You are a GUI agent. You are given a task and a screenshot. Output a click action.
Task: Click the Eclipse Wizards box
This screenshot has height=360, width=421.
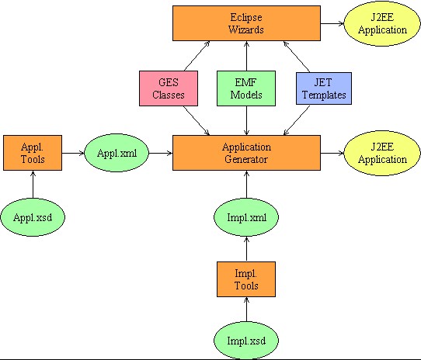pyautogui.click(x=246, y=23)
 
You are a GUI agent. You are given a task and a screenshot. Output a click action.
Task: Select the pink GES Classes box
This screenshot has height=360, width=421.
pyautogui.click(x=169, y=88)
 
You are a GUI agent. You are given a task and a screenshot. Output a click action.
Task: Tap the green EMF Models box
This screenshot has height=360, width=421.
pyautogui.click(x=246, y=88)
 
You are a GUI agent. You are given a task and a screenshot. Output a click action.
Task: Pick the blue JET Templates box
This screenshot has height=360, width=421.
pyautogui.click(x=324, y=88)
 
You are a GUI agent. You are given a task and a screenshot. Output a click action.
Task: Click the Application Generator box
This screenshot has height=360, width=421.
pyautogui.click(x=246, y=153)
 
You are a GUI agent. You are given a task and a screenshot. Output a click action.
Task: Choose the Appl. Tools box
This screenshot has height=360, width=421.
pyautogui.click(x=33, y=153)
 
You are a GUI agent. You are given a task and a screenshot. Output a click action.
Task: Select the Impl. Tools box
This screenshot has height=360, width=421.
pyautogui.click(x=246, y=279)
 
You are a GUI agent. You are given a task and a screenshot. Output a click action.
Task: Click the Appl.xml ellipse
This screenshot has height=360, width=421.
pyautogui.click(x=117, y=153)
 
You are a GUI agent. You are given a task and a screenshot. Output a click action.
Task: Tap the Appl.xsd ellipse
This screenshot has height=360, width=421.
pyautogui.click(x=33, y=217)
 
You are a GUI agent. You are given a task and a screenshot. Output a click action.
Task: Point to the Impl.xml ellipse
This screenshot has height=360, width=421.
pyautogui.click(x=246, y=217)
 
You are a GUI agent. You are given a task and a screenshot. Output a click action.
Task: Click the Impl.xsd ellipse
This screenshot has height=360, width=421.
pyautogui.click(x=246, y=341)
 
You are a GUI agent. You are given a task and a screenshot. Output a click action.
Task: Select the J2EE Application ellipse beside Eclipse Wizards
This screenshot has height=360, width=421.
pyautogui.click(x=382, y=23)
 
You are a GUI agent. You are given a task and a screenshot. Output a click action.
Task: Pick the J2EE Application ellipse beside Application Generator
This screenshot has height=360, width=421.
pyautogui.click(x=382, y=153)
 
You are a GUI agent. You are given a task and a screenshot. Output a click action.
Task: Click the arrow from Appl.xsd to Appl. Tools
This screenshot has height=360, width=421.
pyautogui.click(x=33, y=185)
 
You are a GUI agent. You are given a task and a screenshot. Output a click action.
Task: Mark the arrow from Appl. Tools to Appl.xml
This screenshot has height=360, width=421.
pyautogui.click(x=73, y=153)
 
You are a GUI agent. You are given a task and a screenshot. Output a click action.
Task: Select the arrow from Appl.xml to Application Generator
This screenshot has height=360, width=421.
pyautogui.click(x=161, y=153)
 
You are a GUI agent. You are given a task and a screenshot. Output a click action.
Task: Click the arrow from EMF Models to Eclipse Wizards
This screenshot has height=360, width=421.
pyautogui.click(x=246, y=56)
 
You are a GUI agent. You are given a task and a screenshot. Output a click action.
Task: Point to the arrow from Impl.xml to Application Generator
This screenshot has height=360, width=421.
pyautogui.click(x=246, y=185)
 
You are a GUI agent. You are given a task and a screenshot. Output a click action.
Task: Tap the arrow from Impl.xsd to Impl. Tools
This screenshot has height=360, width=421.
pyautogui.click(x=246, y=310)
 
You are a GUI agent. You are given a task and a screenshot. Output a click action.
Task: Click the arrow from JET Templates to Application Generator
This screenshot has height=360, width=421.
pyautogui.click(x=297, y=120)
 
